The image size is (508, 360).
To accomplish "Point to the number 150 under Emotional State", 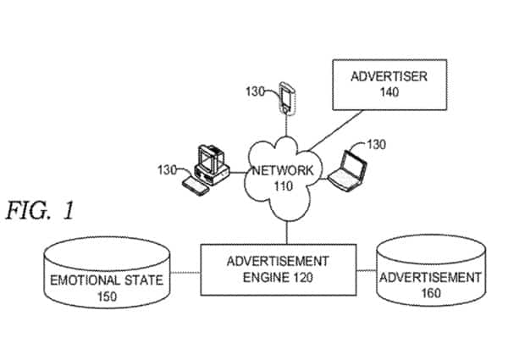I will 107,296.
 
